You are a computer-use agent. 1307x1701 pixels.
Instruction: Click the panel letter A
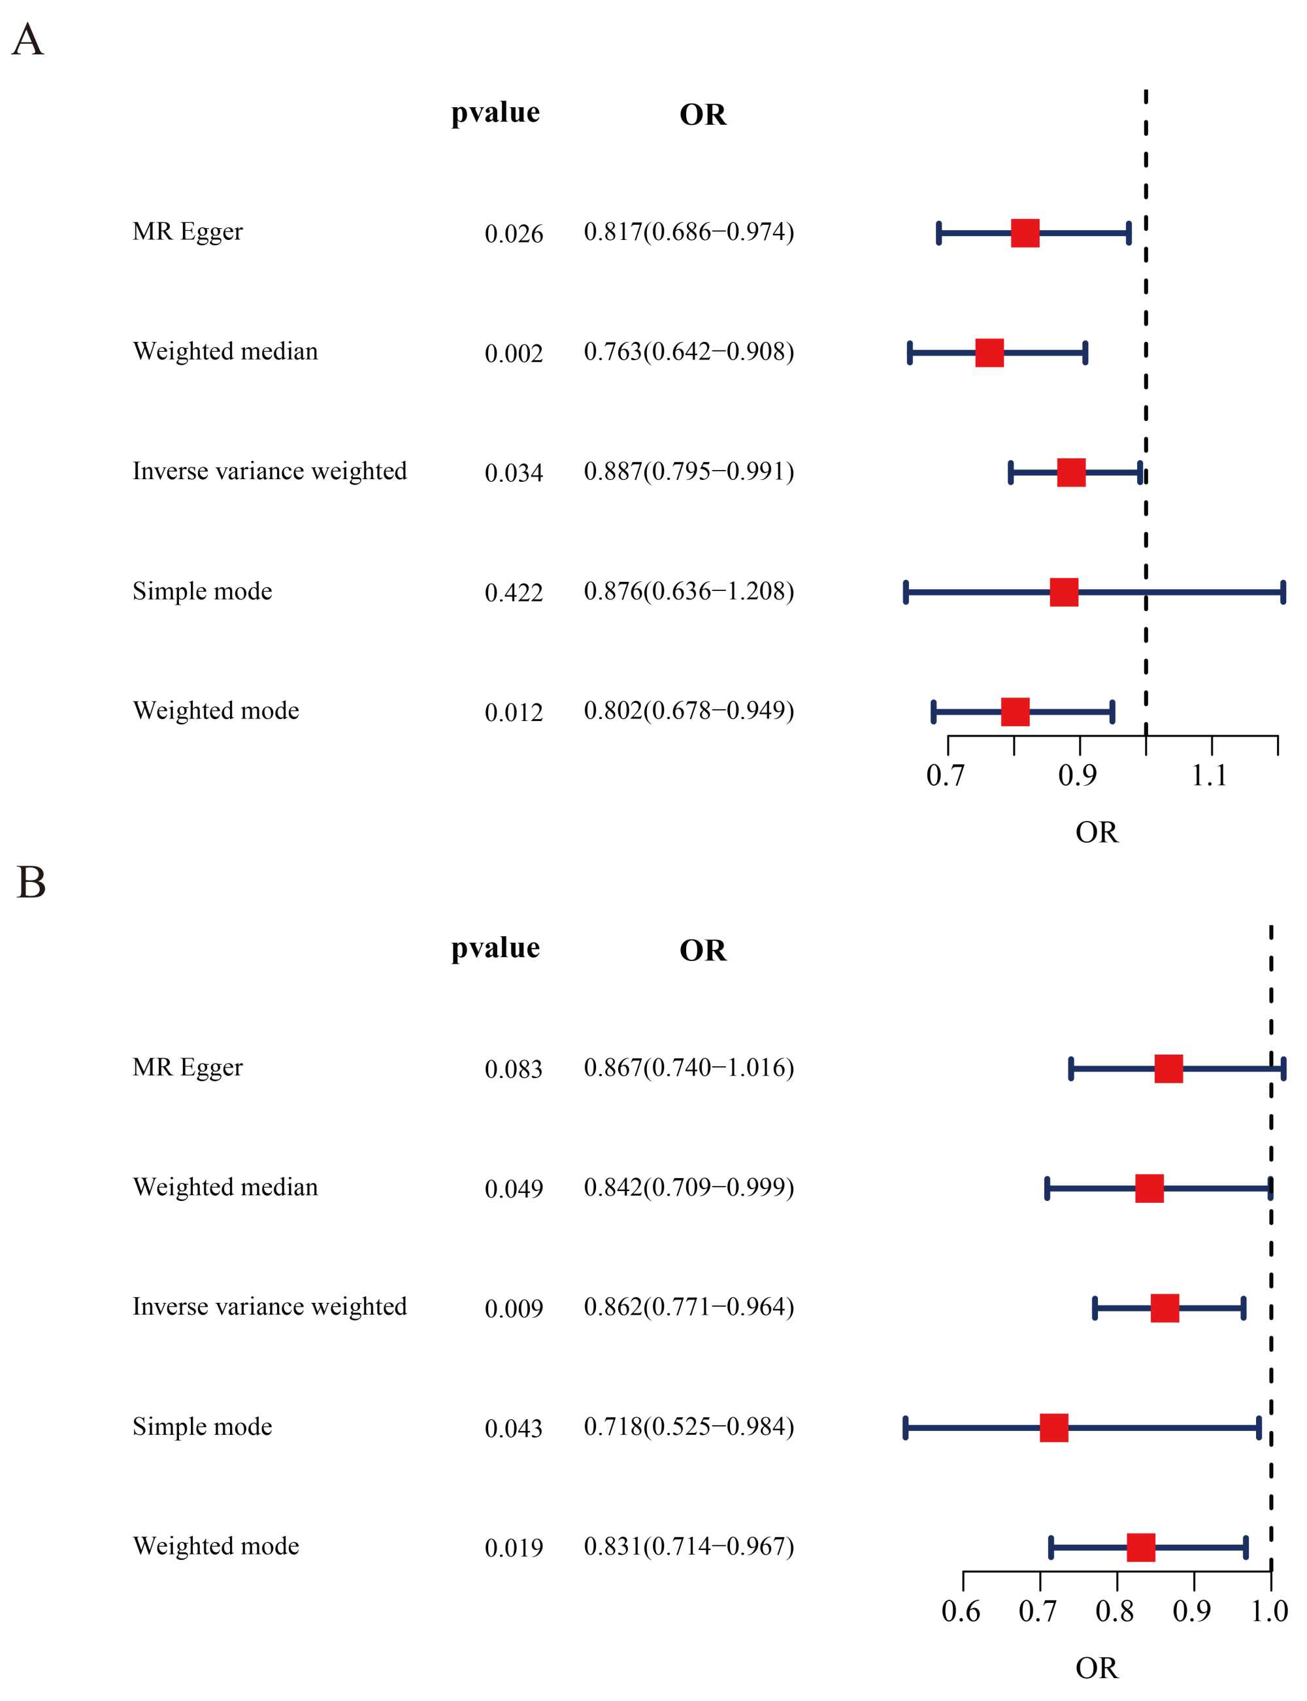pyautogui.click(x=28, y=40)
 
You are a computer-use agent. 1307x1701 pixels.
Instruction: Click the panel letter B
pyautogui.click(x=31, y=883)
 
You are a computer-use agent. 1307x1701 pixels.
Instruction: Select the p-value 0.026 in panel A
pyautogui.click(x=514, y=233)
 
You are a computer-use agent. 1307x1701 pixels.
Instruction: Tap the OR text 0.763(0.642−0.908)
pyautogui.click(x=689, y=352)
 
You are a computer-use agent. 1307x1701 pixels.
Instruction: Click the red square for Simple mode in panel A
pyautogui.click(x=1063, y=592)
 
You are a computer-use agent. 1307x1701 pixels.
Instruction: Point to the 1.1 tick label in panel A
pyautogui.click(x=1209, y=775)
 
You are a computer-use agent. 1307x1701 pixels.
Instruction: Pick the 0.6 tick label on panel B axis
pyautogui.click(x=961, y=1611)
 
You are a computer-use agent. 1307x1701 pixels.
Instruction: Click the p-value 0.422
pyautogui.click(x=514, y=593)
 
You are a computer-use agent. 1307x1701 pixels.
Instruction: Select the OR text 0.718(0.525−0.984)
pyautogui.click(x=689, y=1426)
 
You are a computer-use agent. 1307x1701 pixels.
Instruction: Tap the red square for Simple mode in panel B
pyautogui.click(x=1053, y=1428)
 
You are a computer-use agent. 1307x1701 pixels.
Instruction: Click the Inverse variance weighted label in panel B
pyautogui.click(x=269, y=1307)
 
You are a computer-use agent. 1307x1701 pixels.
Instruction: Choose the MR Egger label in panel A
pyautogui.click(x=188, y=232)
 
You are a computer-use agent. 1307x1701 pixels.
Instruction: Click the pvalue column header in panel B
pyautogui.click(x=495, y=949)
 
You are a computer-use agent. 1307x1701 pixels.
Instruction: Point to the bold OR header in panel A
pyautogui.click(x=703, y=115)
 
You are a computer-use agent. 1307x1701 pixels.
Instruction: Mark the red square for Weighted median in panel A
pyautogui.click(x=989, y=352)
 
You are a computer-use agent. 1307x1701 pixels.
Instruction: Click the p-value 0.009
pyautogui.click(x=514, y=1309)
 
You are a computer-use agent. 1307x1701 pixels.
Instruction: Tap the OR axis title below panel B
pyautogui.click(x=1096, y=1668)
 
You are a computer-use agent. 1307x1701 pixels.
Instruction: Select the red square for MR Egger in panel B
pyautogui.click(x=1168, y=1068)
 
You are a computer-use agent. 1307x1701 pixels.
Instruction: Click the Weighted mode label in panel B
pyautogui.click(x=216, y=1546)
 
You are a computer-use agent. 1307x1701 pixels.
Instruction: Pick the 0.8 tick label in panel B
pyautogui.click(x=1115, y=1611)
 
